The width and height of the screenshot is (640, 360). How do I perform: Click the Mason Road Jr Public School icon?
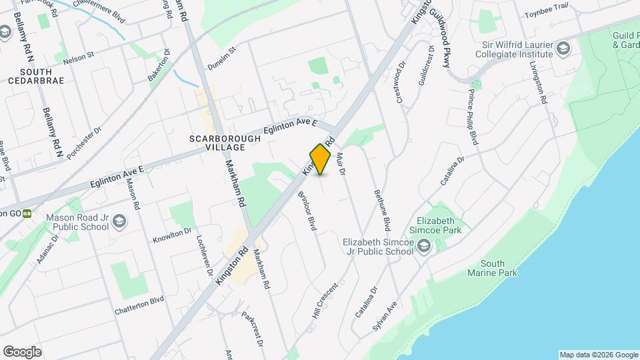(x=119, y=221)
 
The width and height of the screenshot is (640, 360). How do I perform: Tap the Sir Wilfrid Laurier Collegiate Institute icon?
(x=563, y=49)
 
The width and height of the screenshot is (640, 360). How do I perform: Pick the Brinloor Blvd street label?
(x=307, y=211)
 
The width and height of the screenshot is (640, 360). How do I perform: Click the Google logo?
(x=22, y=351)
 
